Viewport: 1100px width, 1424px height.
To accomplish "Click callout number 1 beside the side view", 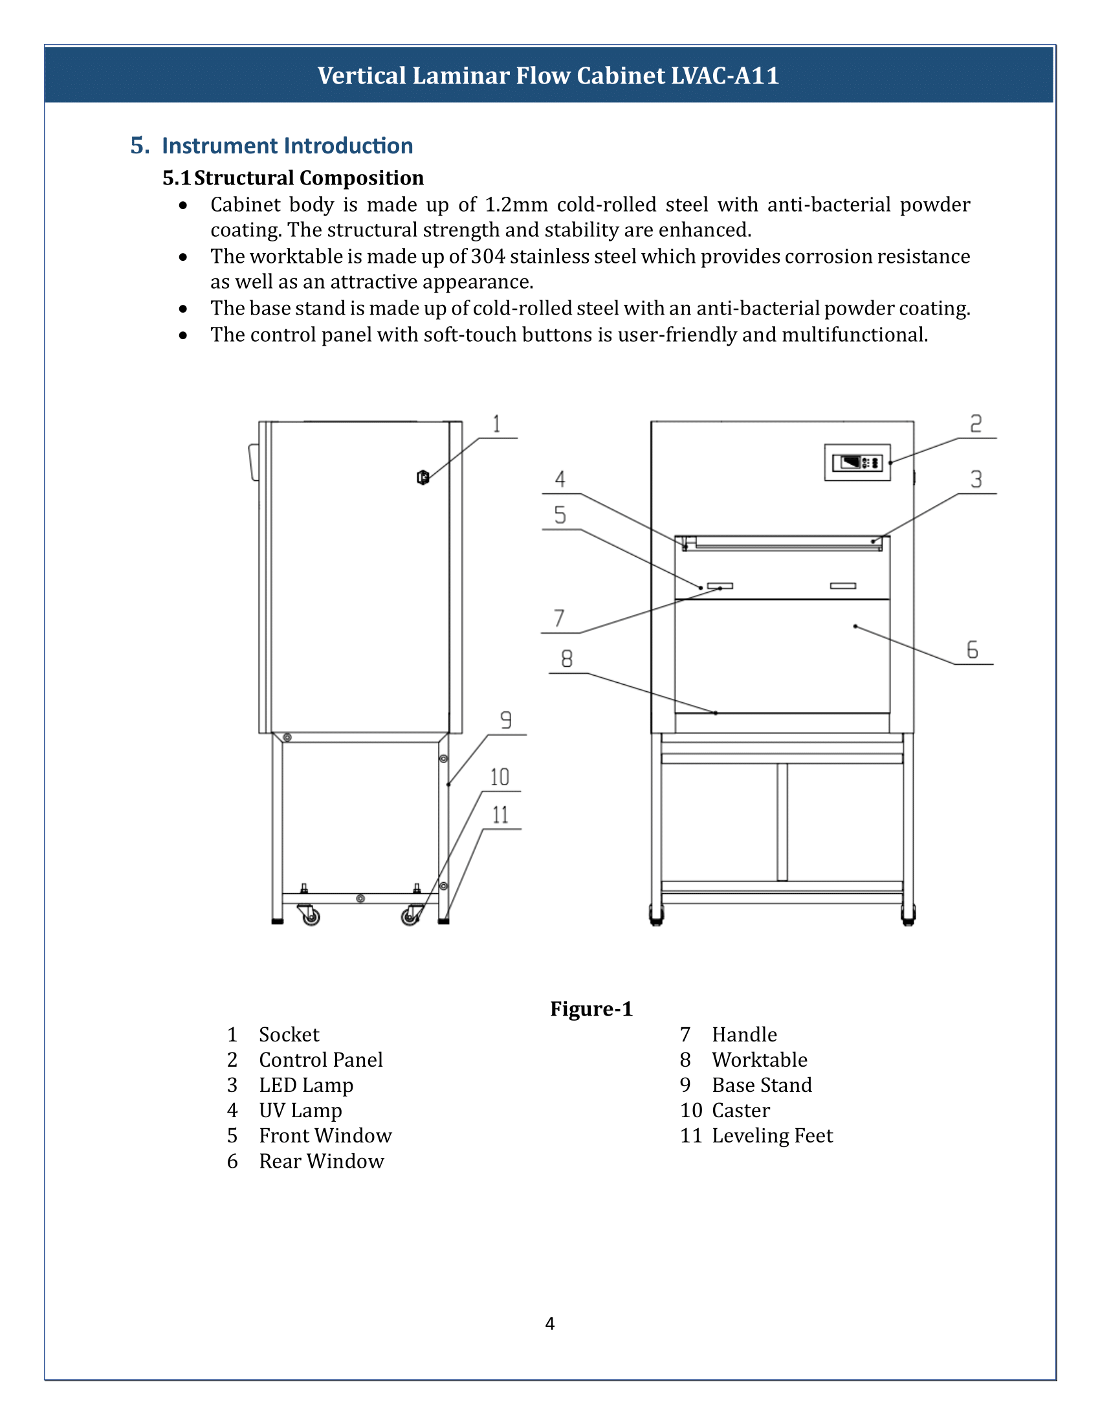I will click(496, 424).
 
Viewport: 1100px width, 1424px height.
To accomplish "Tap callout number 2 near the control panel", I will click(976, 424).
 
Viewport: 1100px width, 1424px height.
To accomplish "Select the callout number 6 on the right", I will click(973, 649).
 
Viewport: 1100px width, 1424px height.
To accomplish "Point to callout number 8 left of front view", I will click(567, 658).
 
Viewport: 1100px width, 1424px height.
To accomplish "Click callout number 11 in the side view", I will click(500, 815).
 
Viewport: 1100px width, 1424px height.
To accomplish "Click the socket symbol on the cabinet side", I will click(423, 477).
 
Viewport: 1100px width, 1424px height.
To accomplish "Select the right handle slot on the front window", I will click(842, 586).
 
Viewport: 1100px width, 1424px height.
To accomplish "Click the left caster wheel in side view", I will click(311, 917).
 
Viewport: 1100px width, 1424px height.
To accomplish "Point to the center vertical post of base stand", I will click(782, 821).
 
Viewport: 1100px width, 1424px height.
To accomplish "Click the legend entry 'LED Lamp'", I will click(305, 1085).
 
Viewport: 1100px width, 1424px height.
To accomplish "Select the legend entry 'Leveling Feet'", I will click(771, 1135).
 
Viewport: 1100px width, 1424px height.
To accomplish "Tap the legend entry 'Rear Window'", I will click(322, 1161).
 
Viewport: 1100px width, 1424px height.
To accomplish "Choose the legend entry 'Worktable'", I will click(759, 1060).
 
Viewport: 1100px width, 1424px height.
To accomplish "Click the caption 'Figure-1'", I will click(591, 1008).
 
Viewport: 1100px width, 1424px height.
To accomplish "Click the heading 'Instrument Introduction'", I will click(287, 146).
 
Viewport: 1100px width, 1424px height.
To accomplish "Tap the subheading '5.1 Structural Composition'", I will click(293, 177).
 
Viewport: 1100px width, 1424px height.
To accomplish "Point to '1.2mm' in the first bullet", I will click(516, 205).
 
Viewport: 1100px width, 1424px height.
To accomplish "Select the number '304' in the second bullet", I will click(487, 256).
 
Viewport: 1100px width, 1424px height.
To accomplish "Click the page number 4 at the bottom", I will click(549, 1323).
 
